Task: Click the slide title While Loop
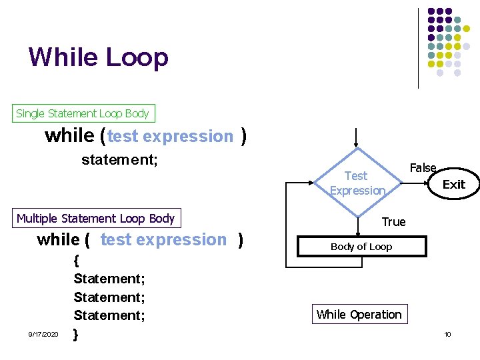pos(99,57)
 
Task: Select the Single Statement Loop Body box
pos(83,113)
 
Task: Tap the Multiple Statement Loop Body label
pos(95,218)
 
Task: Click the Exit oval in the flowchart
pos(454,184)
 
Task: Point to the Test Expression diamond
pos(357,183)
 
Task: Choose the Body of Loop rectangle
pos(361,247)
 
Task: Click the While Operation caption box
pos(359,315)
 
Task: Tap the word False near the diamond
pos(423,168)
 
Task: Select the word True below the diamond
pos(393,222)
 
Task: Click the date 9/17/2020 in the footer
pos(43,334)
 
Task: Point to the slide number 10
pos(447,334)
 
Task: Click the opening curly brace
pos(77,260)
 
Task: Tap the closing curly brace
pos(76,333)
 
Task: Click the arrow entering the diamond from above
pos(357,137)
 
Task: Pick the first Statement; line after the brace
pos(109,278)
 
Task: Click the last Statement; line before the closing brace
pos(109,315)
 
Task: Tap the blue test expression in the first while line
pos(170,137)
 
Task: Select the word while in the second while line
pos(58,240)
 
